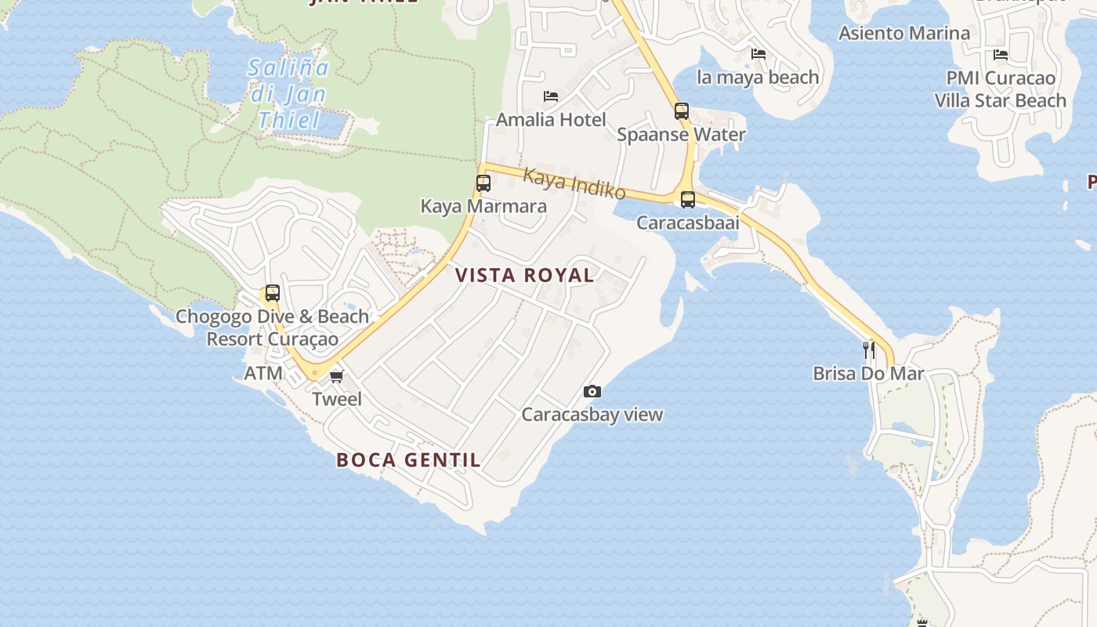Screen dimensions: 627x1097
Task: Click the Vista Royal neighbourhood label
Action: click(524, 275)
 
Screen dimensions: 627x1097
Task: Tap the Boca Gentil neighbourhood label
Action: click(408, 460)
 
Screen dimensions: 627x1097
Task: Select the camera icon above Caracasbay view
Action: click(592, 391)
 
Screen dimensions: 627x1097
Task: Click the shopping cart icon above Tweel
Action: click(337, 377)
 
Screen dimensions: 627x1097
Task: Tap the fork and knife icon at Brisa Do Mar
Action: click(869, 350)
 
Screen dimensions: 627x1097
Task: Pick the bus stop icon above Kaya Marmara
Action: click(483, 184)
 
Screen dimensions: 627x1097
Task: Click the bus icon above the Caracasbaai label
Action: click(687, 200)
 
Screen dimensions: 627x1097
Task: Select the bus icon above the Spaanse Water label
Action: click(681, 111)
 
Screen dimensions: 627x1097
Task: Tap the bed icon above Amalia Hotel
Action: click(551, 96)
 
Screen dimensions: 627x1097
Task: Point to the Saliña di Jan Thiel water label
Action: click(288, 94)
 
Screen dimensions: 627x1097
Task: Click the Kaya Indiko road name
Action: click(574, 183)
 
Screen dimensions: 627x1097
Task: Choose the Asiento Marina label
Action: click(904, 33)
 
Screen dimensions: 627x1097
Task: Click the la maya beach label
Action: click(758, 77)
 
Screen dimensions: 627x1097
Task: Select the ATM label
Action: click(263, 373)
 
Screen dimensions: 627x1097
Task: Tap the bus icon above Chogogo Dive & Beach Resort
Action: click(272, 293)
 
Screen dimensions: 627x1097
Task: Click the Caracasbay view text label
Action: click(592, 415)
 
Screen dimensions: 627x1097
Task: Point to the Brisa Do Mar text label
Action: click(868, 373)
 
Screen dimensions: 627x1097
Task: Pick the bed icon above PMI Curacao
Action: click(1001, 54)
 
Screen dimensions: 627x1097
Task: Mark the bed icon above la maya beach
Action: click(758, 54)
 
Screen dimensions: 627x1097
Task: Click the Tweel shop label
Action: click(337, 399)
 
